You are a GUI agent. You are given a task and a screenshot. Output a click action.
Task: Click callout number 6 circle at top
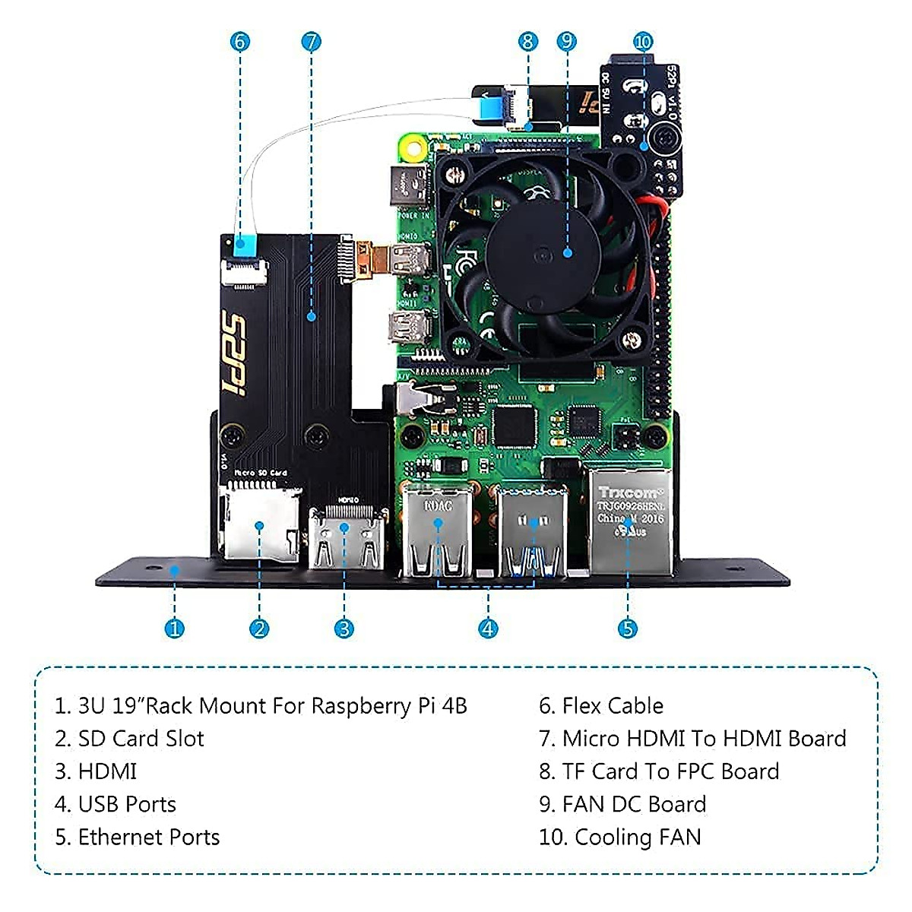[240, 41]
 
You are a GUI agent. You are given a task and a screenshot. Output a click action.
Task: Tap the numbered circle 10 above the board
[643, 41]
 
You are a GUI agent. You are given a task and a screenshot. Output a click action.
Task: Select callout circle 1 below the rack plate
[175, 629]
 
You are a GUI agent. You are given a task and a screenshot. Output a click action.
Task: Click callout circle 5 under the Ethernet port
[627, 629]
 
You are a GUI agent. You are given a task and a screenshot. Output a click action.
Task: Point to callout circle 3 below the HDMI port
[344, 629]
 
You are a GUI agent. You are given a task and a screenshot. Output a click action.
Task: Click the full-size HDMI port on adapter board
[345, 537]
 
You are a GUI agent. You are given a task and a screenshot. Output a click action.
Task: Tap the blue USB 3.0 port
[533, 532]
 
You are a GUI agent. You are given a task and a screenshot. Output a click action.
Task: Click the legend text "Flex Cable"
[612, 706]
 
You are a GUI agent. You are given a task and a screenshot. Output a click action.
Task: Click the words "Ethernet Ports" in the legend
[148, 837]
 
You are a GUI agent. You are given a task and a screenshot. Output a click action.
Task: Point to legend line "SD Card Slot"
[141, 739]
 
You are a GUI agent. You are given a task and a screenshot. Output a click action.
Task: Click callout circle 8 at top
[528, 41]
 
